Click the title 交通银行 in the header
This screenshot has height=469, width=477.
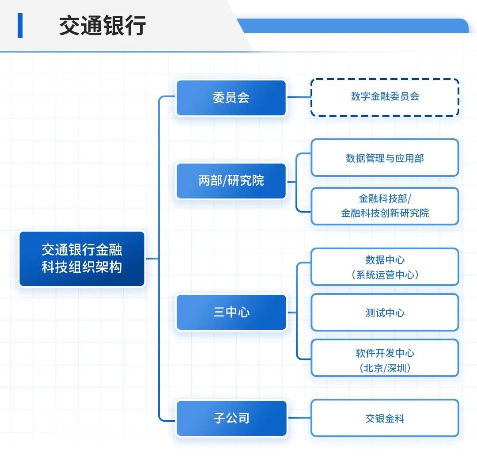click(102, 26)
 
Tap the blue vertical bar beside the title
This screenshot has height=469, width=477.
click(20, 26)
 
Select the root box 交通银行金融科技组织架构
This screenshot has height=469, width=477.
click(82, 259)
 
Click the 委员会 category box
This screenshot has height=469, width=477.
click(231, 98)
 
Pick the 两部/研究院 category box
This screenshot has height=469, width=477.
click(231, 181)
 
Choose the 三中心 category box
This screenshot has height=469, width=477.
click(231, 313)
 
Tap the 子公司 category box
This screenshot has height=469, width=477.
click(231, 418)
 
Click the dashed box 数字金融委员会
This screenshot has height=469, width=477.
click(385, 97)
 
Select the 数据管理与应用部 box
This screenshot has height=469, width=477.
click(385, 158)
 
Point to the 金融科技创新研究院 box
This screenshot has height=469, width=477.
click(385, 206)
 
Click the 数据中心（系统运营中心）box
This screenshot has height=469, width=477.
click(385, 267)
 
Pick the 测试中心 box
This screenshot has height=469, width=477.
click(385, 313)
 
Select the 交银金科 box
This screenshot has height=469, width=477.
click(385, 418)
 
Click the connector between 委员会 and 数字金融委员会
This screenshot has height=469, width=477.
click(299, 97)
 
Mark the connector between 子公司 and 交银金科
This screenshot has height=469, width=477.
click(299, 418)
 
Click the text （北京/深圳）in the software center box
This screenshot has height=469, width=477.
click(385, 368)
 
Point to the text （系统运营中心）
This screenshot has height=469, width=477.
click(385, 275)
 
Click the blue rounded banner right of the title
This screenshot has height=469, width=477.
click(353, 26)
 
